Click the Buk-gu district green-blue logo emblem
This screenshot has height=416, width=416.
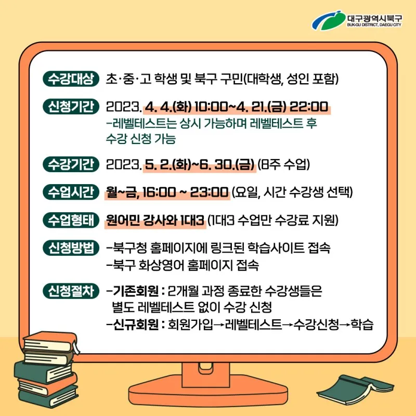pyautogui.click(x=329, y=20)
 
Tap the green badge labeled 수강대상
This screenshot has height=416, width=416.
pyautogui.click(x=71, y=79)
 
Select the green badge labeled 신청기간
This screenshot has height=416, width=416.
pyautogui.click(x=71, y=107)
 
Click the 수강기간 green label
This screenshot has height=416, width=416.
pyautogui.click(x=71, y=164)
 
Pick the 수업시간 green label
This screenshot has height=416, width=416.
pyautogui.click(x=71, y=192)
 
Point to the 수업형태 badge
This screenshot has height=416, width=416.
pyautogui.click(x=71, y=220)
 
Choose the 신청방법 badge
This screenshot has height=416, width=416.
pyautogui.click(x=71, y=248)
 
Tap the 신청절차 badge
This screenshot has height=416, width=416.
pyautogui.click(x=71, y=291)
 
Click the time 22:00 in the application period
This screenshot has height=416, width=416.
pyautogui.click(x=309, y=107)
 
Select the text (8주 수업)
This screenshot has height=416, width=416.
pyautogui.click(x=283, y=164)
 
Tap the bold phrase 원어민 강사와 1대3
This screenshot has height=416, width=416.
pyautogui.click(x=155, y=220)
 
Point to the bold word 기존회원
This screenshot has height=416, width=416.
pyautogui.click(x=136, y=291)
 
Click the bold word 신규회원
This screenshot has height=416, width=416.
pyautogui.click(x=136, y=324)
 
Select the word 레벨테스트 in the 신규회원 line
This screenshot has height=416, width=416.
pyautogui.click(x=253, y=324)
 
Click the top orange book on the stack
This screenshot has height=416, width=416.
pyautogui.click(x=51, y=343)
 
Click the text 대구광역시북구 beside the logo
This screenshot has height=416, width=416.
pyautogui.click(x=374, y=18)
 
